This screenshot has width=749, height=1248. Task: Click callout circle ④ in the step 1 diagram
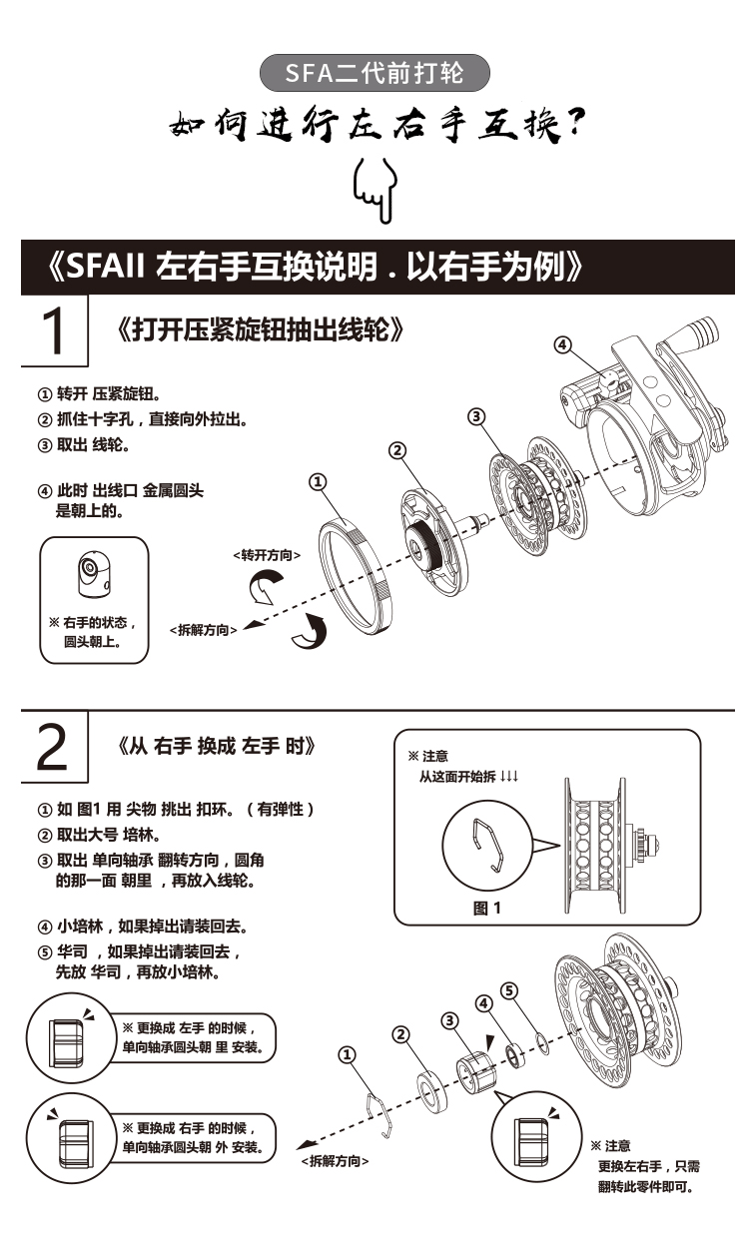coord(563,345)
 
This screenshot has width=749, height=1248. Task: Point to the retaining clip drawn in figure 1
coord(493,843)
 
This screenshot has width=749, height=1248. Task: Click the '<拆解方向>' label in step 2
coord(335,1161)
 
